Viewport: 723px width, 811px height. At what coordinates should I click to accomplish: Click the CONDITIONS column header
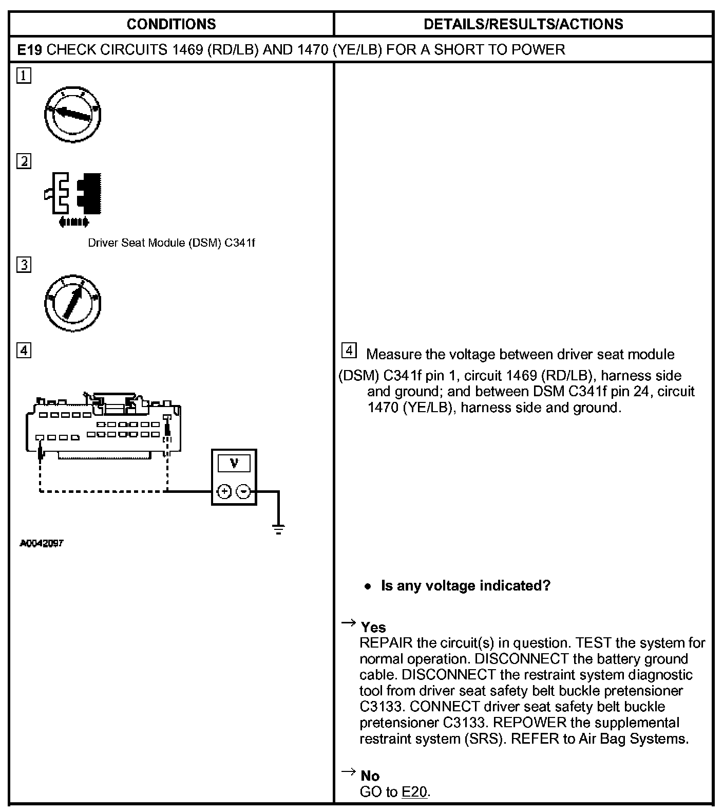[171, 24]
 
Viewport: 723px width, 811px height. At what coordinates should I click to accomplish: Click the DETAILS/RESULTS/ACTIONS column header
[523, 24]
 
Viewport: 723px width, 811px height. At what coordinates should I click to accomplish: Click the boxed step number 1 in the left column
[24, 76]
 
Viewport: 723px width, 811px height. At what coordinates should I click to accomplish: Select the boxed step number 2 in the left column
[24, 161]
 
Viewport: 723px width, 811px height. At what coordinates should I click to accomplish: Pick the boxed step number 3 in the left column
[24, 265]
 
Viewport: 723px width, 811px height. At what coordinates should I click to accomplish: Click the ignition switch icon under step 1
[72, 114]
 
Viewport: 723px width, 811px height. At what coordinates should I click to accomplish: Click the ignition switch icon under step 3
[72, 303]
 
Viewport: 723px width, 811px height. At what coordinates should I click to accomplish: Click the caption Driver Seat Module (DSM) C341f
[171, 243]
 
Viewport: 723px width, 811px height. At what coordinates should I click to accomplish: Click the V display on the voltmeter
[234, 464]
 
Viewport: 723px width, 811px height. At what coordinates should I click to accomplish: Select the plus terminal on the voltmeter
[224, 492]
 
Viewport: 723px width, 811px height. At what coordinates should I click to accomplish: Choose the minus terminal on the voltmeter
[243, 492]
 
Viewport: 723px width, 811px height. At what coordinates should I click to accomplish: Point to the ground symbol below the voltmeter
[278, 529]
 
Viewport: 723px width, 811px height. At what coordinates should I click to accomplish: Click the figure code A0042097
[42, 543]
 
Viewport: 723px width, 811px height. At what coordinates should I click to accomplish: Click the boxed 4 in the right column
[349, 351]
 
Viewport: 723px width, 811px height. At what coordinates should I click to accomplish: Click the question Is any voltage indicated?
[465, 586]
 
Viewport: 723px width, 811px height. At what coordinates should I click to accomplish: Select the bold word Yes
[373, 628]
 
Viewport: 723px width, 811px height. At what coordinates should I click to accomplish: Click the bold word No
[370, 776]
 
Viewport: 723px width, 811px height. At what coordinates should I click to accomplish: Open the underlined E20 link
[414, 792]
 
